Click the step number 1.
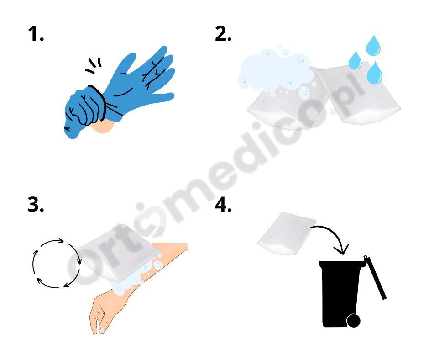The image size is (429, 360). [x=36, y=34]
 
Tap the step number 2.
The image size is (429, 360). [x=223, y=34]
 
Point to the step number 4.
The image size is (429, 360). [x=223, y=205]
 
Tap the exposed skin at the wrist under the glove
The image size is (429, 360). [x=104, y=127]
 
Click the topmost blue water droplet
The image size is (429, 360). [x=373, y=46]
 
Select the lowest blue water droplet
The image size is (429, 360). [x=374, y=73]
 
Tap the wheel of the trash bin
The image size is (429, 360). [x=354, y=321]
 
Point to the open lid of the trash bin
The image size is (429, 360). [x=375, y=277]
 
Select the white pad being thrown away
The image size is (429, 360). [x=287, y=233]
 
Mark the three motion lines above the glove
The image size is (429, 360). [x=94, y=66]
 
